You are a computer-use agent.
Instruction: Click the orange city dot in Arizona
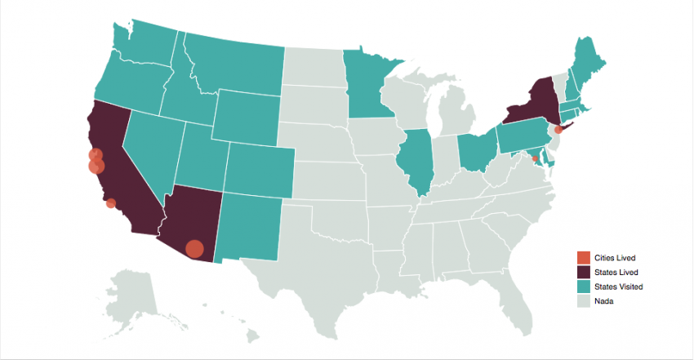click(194, 248)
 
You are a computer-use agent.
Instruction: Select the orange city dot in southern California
click(111, 203)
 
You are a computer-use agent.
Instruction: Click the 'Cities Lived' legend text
click(616, 258)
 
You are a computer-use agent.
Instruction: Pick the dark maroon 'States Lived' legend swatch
click(584, 272)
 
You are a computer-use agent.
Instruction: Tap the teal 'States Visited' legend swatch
click(584, 287)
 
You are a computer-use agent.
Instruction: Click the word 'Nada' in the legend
click(605, 301)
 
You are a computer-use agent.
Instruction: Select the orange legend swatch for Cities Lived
click(584, 258)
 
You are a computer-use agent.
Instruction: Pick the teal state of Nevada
click(149, 151)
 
